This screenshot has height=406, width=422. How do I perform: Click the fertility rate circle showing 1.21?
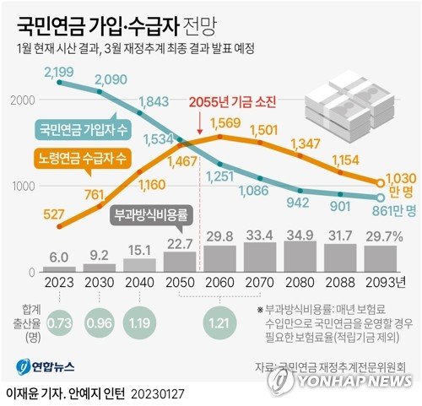[x=219, y=322]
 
